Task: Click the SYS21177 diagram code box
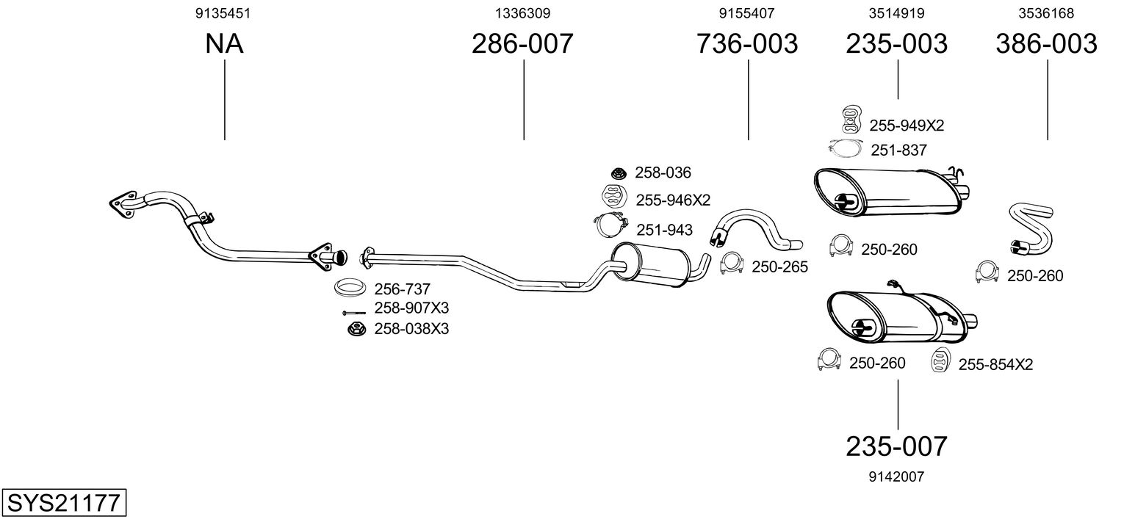pos(64,502)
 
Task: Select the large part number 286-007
pos(522,43)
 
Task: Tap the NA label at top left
pos(224,43)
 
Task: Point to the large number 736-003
pos(746,43)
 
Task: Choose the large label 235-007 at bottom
pos(897,446)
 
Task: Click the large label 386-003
pos(1047,43)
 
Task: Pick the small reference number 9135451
pos(223,13)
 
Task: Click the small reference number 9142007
pos(896,476)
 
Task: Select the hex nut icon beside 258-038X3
pos(356,330)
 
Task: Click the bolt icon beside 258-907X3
pos(354,313)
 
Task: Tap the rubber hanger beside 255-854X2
pos(941,360)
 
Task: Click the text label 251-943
pos(664,230)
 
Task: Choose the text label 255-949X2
pos(907,126)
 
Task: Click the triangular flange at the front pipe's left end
pos(123,204)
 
